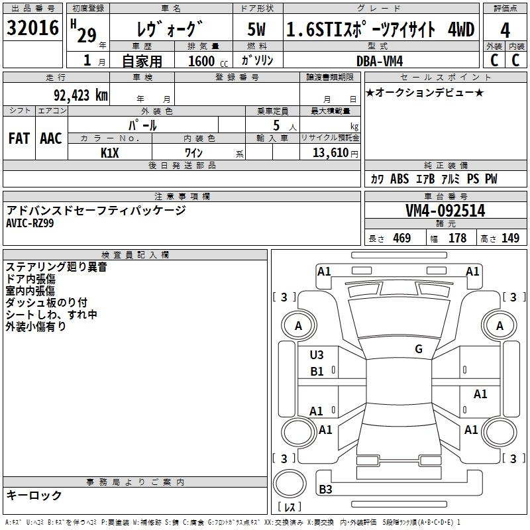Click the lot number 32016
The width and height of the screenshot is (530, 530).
pos(32,28)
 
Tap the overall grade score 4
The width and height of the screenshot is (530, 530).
pos(505,30)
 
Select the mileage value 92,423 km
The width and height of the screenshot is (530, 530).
pos(81,95)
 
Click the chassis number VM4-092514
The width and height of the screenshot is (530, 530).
pos(445,211)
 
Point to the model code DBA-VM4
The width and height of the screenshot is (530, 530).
pos(380,61)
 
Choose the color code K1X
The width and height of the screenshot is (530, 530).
pos(110,153)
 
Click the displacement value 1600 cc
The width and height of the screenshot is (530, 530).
pos(208,61)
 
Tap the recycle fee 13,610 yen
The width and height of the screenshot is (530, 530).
pos(335,153)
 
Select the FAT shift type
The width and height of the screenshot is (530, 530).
pos(19,138)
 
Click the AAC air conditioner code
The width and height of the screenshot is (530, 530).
pos(51,138)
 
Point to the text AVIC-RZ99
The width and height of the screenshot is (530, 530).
pos(30,223)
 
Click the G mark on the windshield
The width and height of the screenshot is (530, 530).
pos(419,348)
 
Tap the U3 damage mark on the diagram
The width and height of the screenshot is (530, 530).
pos(317,354)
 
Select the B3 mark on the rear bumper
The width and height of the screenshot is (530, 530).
pos(325,489)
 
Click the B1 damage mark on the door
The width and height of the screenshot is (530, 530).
pos(317,372)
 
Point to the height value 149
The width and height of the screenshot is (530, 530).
pos(510,238)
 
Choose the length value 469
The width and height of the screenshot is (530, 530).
pos(402,238)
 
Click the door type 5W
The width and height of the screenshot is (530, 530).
pos(256,29)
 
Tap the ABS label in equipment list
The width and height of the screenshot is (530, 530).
pos(399,179)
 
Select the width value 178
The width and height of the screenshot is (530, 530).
pos(457,238)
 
